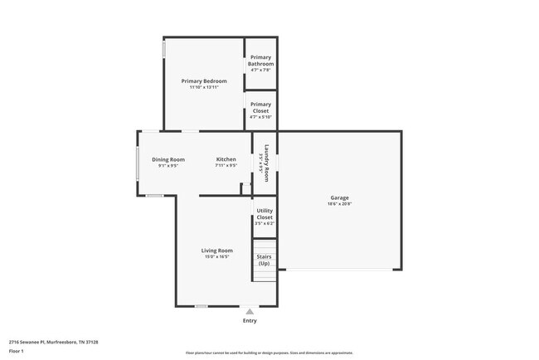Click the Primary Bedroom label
[204, 80]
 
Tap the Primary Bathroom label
[261, 61]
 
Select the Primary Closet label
[261, 107]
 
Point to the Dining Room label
[168, 159]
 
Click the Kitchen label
[226, 159]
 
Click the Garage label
[340, 197]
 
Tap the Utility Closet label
[265, 214]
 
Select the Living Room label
[216, 250]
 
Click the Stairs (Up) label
[265, 260]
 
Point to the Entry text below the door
[250, 320]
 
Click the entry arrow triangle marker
[250, 311]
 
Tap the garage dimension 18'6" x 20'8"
[340, 204]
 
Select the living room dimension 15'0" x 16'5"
[216, 256]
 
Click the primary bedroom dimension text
[204, 87]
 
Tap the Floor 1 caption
[17, 351]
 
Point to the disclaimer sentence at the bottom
[269, 353]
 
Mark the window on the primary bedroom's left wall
[163, 49]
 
